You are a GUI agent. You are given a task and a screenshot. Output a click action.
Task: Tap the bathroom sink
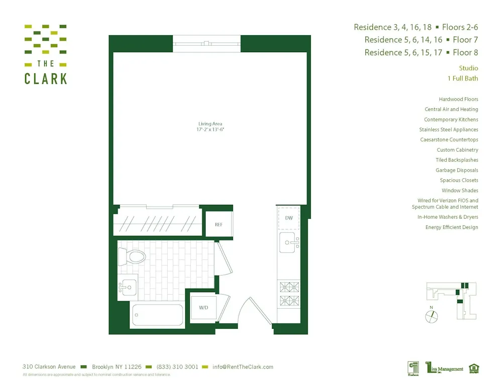128,288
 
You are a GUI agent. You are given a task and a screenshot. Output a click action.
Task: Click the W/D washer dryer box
203,307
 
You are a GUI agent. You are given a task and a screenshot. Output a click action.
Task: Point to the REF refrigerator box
219,224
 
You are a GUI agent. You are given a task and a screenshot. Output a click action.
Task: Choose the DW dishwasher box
289,218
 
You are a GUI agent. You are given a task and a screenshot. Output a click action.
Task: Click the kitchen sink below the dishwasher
289,242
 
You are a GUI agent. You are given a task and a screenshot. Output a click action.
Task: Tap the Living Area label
210,123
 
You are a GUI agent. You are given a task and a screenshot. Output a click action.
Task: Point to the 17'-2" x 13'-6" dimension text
210,130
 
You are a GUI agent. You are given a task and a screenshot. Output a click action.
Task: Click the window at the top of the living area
207,44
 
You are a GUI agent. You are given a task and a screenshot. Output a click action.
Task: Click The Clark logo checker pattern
46,39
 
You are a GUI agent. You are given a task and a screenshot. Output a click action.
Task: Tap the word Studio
468,68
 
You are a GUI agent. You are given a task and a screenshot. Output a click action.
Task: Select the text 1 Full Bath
462,78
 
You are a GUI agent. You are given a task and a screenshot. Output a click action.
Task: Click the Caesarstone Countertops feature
449,140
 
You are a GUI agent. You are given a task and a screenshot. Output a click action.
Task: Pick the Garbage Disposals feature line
457,170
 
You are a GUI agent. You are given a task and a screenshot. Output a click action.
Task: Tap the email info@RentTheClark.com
243,367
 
